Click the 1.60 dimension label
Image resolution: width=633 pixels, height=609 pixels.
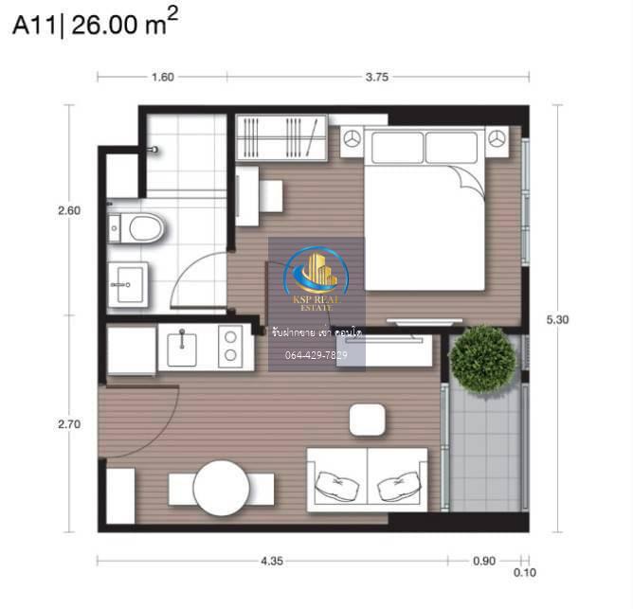163,77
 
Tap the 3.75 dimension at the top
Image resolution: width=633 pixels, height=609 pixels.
376,77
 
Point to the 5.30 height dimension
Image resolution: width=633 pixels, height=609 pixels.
557,319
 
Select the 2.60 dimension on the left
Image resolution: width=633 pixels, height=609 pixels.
69,210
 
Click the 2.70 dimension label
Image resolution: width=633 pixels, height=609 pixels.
69,424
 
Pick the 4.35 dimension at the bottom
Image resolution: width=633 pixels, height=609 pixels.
272,561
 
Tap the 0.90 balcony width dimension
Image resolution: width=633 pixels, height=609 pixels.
484,561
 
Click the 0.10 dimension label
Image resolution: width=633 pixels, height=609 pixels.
525,572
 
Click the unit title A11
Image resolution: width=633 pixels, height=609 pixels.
35,26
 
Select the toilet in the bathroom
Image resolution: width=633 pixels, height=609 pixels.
136,228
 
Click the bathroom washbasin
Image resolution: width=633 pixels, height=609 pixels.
128,284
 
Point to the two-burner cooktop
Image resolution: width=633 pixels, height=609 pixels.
230,347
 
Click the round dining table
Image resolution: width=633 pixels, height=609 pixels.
221,488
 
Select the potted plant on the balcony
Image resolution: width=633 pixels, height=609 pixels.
482,359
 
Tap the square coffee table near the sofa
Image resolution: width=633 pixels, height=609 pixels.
367,421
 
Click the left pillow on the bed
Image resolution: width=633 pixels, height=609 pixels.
398,148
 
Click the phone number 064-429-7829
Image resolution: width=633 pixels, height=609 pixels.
316,355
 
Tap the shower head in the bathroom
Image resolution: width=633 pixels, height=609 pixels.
153,150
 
